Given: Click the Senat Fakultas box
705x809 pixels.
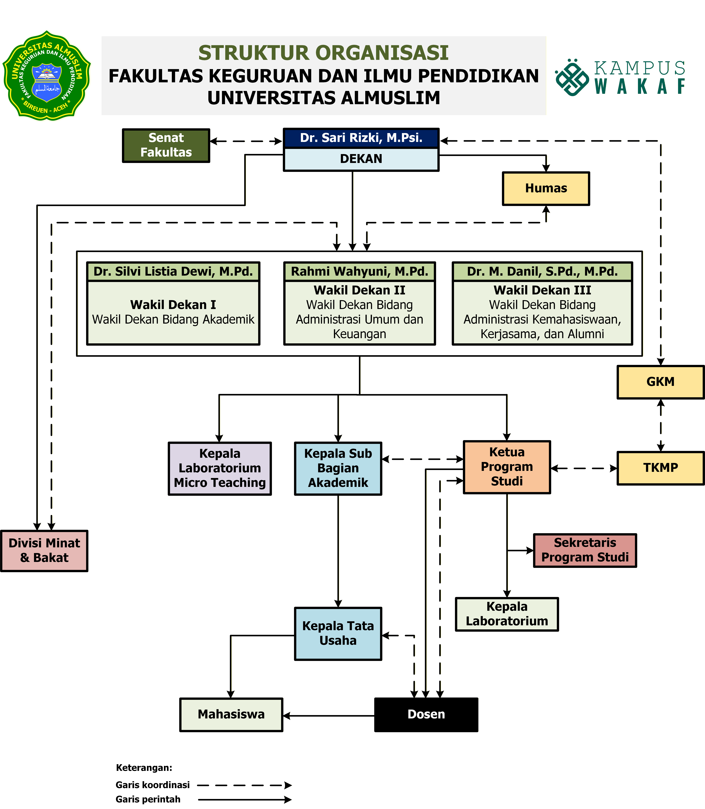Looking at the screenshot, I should click(166, 145).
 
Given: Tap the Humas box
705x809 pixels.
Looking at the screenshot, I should click(546, 188).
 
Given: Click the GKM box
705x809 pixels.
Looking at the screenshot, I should click(660, 382).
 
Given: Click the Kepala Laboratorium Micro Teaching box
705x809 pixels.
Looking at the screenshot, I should click(220, 468).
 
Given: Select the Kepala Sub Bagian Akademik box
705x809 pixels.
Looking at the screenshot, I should click(338, 468).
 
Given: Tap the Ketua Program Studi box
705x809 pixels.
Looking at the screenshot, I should click(507, 467).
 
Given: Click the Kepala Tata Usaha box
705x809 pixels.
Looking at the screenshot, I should click(338, 633).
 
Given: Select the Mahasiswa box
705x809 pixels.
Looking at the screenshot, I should click(231, 714).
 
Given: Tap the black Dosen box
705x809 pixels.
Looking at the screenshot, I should click(426, 714).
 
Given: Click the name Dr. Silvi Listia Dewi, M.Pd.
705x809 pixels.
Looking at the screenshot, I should click(173, 271).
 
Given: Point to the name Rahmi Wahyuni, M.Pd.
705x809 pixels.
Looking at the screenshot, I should click(359, 271).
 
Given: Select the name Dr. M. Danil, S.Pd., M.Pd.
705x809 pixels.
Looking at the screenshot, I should click(542, 271).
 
